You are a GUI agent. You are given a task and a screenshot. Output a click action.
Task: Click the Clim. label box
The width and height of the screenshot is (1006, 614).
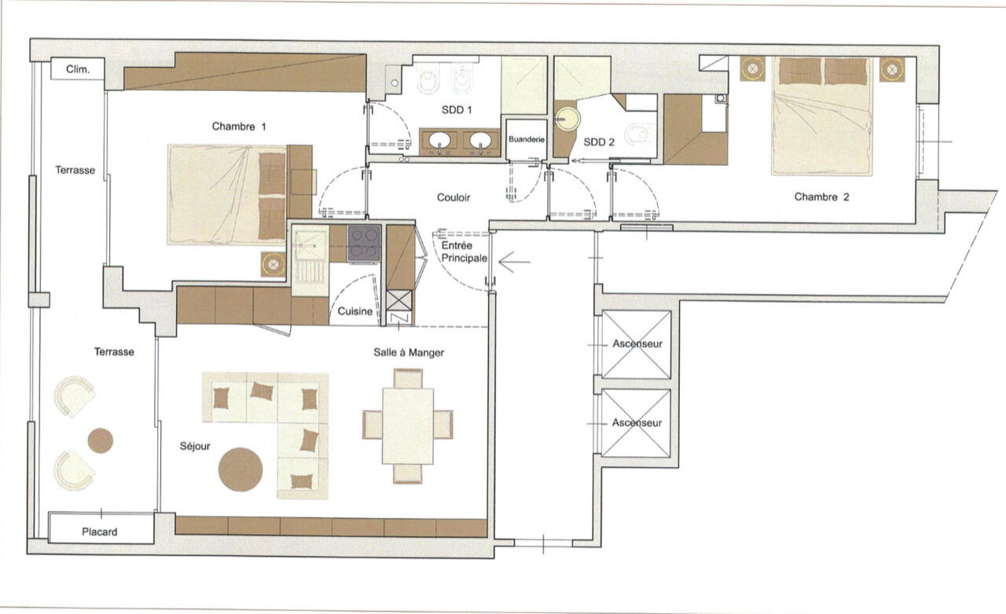click(x=77, y=68)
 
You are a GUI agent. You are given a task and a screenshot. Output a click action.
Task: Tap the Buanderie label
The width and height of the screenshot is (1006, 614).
click(x=527, y=139)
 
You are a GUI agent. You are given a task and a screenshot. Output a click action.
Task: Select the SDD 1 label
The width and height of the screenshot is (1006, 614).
click(x=457, y=110)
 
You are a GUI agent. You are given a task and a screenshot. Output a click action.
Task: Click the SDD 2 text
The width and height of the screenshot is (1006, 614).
click(x=599, y=142)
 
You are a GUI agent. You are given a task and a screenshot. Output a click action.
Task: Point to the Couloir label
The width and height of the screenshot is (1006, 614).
click(x=453, y=197)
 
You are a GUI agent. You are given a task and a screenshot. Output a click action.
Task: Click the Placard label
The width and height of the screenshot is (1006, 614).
click(x=99, y=532)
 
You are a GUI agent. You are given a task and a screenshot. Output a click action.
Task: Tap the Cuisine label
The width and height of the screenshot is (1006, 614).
click(x=354, y=311)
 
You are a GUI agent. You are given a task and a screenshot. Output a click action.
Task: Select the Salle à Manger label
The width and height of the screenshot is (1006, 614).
click(x=409, y=352)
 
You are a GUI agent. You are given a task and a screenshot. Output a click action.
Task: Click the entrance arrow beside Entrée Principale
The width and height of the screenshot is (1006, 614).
click(x=515, y=263)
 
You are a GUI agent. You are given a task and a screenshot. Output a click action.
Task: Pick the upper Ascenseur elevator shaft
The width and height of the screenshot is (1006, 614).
click(x=637, y=344)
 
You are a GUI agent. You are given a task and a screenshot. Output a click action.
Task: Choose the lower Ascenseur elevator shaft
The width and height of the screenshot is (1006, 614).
click(x=637, y=424)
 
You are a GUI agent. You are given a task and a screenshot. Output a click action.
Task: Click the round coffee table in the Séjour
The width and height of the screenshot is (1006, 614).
click(x=240, y=469)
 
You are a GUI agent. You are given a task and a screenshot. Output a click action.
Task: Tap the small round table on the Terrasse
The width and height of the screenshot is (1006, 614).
click(x=100, y=440)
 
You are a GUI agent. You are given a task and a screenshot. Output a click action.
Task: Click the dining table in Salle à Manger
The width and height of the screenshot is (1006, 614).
click(x=408, y=426)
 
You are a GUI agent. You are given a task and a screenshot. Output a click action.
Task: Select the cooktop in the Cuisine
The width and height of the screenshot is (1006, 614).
click(x=364, y=244)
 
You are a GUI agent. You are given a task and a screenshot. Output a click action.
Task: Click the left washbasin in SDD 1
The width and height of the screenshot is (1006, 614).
click(x=439, y=141)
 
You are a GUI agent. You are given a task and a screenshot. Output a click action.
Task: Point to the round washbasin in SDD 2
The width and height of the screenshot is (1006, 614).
click(x=567, y=119)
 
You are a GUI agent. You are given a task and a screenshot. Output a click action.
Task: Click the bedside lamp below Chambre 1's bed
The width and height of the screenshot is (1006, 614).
click(x=273, y=264)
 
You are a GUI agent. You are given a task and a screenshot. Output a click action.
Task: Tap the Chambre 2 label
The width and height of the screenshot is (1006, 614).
click(x=821, y=197)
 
